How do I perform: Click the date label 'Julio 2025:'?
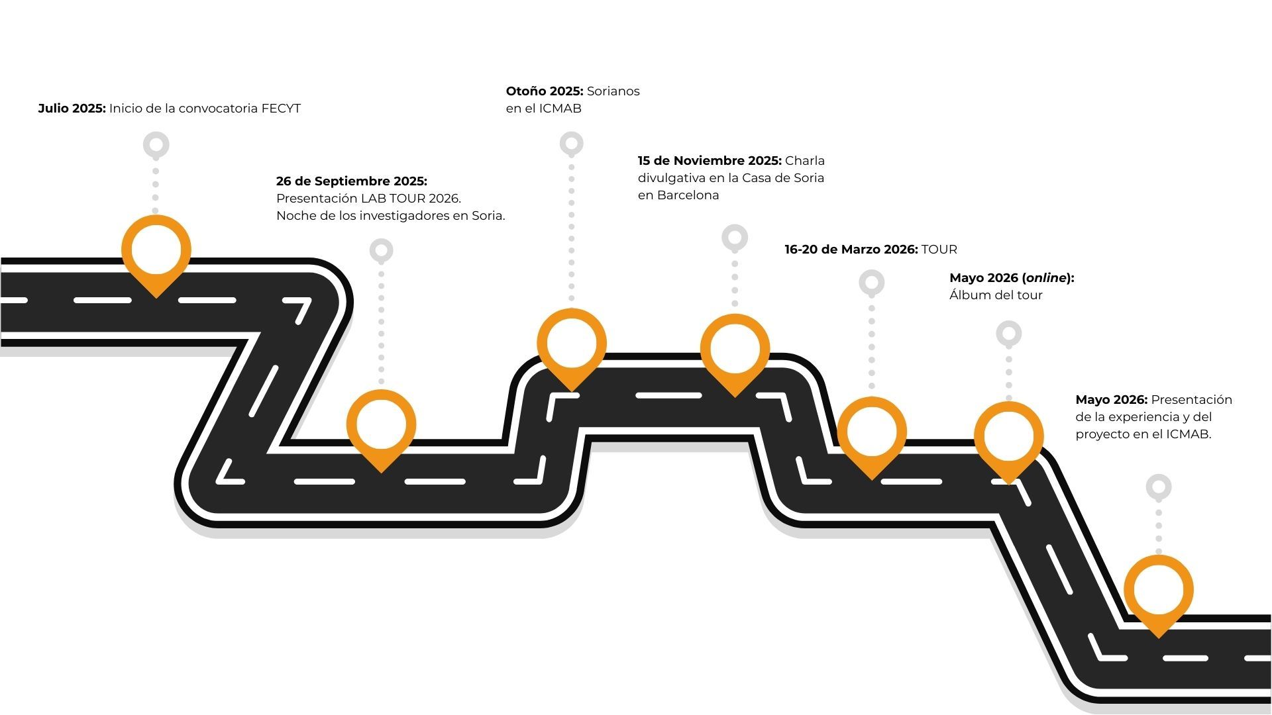[x=72, y=109]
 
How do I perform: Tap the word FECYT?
[x=281, y=109]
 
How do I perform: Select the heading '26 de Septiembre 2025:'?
[x=351, y=181]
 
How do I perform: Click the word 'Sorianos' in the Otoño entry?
[x=613, y=91]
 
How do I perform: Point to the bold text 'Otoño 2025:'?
[x=544, y=91]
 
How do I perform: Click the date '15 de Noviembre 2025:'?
[x=709, y=161]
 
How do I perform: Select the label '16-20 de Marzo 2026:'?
[x=851, y=250]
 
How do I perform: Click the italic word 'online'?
[x=1046, y=278]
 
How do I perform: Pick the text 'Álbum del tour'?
[x=995, y=295]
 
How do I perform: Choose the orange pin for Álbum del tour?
[x=1008, y=438]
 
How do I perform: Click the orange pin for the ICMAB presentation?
[x=1158, y=591]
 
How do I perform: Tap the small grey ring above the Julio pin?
[x=156, y=144]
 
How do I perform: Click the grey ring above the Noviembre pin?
[x=735, y=237]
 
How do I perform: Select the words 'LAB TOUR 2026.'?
[x=411, y=199]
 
